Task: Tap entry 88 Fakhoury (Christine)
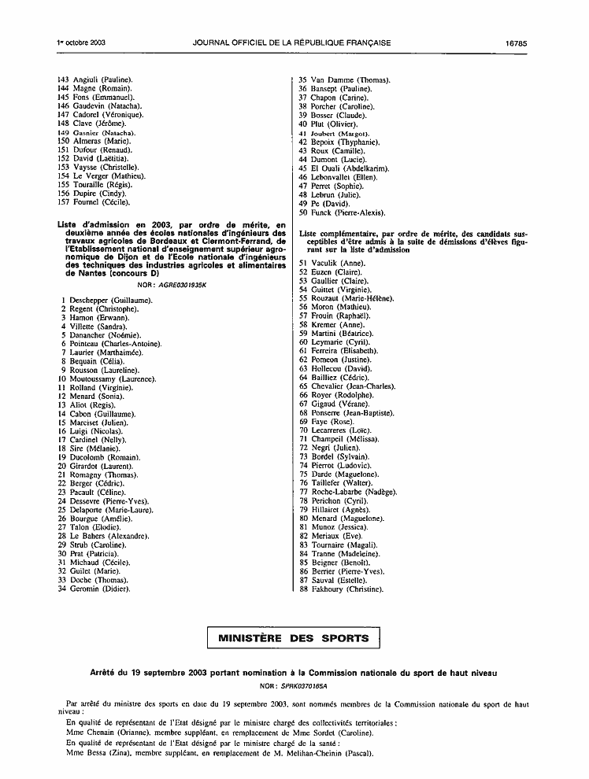[346, 589]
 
